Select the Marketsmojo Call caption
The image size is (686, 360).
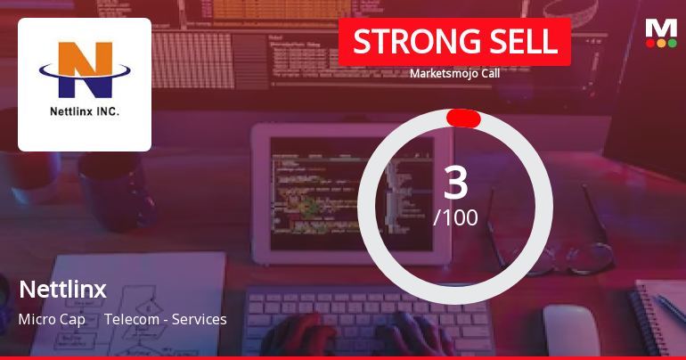454,74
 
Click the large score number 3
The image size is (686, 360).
455,183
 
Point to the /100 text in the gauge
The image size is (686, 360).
455,217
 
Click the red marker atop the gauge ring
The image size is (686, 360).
463,119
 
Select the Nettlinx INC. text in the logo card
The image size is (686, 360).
85,113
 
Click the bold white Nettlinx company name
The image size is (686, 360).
62,290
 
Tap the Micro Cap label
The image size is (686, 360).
52,319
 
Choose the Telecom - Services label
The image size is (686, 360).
166,319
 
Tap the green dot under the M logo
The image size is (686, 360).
673,42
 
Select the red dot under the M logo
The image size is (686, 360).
649,42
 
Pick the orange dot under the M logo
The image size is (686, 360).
661,42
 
